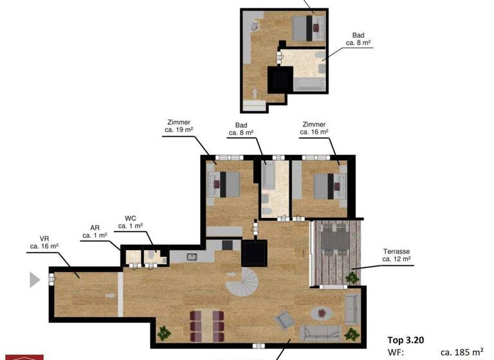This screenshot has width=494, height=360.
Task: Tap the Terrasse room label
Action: [396, 255]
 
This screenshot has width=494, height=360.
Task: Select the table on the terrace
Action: [334, 244]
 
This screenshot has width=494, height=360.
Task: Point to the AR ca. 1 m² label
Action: [95, 232]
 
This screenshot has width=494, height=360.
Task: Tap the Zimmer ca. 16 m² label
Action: [314, 129]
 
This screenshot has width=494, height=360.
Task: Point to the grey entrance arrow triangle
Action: [35, 280]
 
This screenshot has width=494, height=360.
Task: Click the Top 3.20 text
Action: [405, 340]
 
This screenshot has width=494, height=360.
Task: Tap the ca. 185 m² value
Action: [462, 352]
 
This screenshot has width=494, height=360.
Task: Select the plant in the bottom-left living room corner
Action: [165, 332]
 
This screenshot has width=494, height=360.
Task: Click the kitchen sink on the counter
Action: [192, 256]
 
